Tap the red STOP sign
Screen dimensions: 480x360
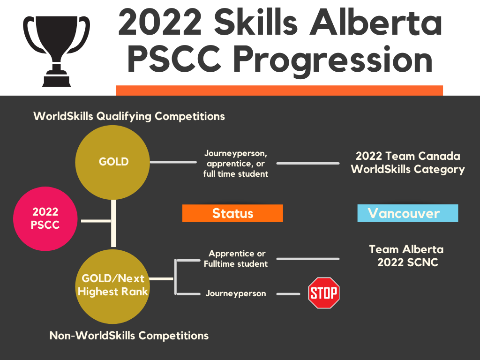(324, 293)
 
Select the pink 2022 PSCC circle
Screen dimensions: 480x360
(45, 218)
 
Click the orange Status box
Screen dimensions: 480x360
(232, 213)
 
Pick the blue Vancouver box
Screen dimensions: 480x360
(408, 213)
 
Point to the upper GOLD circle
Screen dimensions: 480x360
(112, 162)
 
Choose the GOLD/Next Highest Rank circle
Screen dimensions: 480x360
(112, 286)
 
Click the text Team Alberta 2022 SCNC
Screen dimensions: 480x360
(406, 255)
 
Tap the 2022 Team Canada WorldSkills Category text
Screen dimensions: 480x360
(408, 163)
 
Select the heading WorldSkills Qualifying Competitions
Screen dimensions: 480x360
(129, 116)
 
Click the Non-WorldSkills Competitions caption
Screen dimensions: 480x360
(129, 336)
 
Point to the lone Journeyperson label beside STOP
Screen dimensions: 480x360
(236, 293)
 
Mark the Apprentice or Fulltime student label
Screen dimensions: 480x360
(236, 259)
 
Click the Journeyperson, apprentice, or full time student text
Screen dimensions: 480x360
(236, 164)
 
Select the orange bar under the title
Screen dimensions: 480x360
(279, 90)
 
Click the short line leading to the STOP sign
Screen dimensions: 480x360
(288, 294)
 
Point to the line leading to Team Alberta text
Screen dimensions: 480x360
(308, 259)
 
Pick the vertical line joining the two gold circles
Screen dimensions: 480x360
(113, 224)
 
